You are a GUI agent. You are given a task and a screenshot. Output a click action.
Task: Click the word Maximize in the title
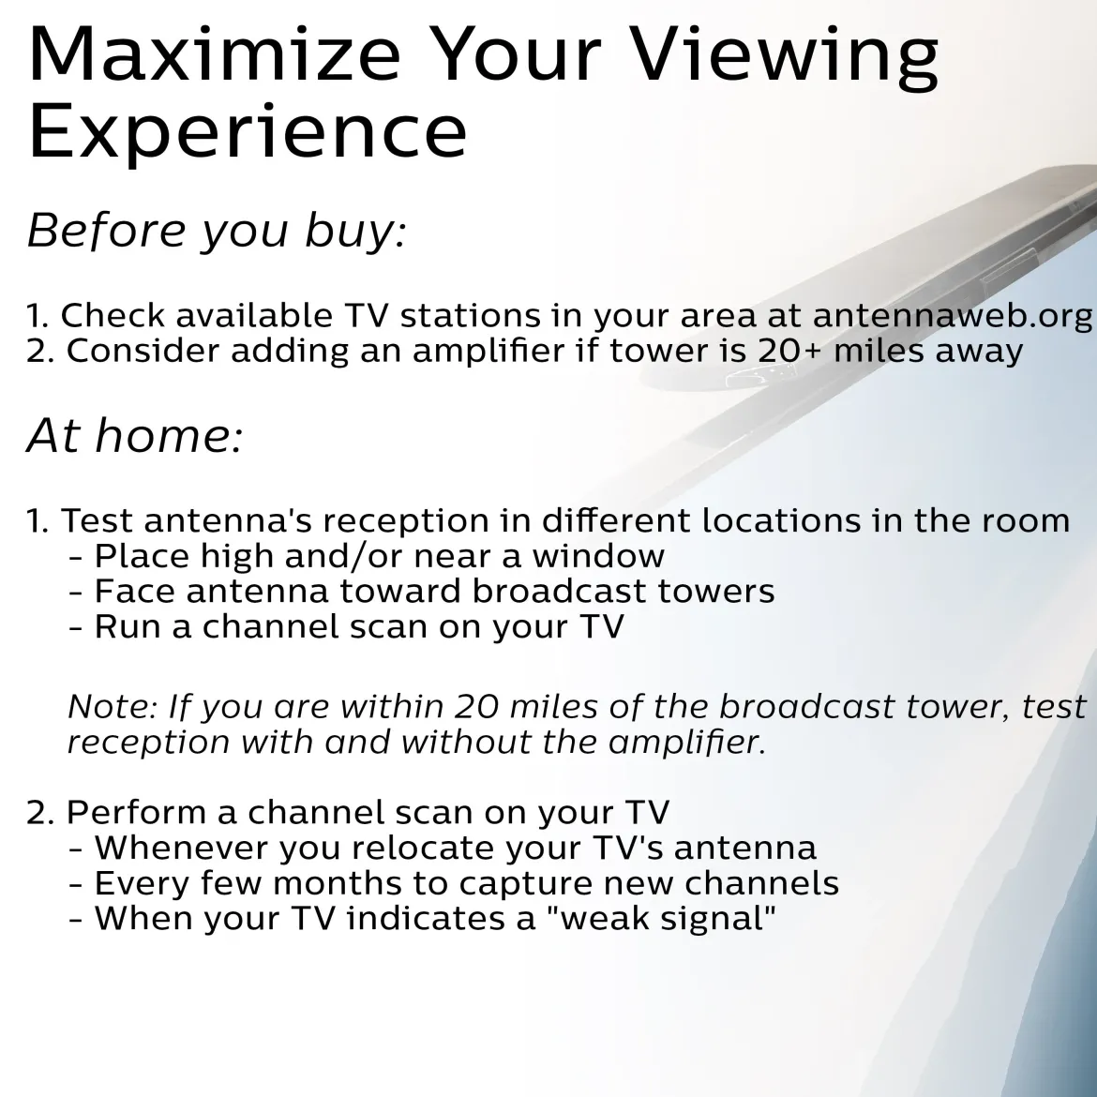pos(214,53)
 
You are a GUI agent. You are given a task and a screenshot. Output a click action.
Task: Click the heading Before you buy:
pos(217,231)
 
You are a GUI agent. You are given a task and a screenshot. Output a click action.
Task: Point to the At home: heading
pos(135,435)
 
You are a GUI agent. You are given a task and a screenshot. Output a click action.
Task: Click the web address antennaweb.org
pos(953,316)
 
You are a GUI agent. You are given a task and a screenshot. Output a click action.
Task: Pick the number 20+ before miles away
pos(789,351)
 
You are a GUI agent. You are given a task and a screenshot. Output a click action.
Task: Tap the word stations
pos(470,316)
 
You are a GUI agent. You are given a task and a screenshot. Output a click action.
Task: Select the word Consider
pos(143,351)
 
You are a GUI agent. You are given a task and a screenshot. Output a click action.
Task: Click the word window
pos(598,556)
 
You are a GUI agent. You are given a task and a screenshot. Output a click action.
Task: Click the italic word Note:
pos(113,707)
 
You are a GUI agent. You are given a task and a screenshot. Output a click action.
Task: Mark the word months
pos(338,883)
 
